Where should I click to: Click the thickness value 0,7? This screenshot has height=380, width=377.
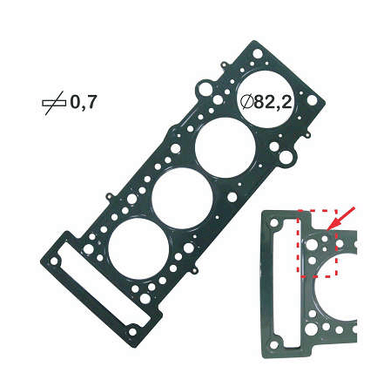pos(84,102)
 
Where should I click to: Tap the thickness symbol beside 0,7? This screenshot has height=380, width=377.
pos(54,103)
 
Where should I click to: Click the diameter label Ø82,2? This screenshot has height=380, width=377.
pos(266,102)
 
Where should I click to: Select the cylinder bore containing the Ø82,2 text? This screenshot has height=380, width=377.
pos(266,98)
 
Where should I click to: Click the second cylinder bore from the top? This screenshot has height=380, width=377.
pos(226,148)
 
